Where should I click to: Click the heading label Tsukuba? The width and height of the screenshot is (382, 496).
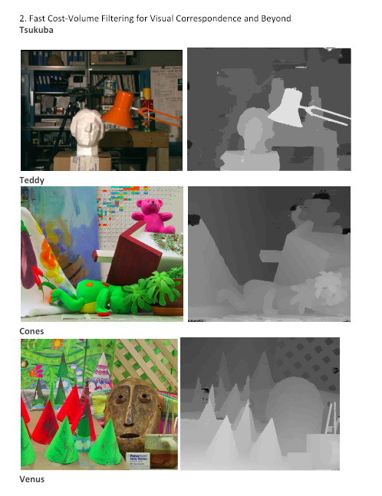click(x=36, y=30)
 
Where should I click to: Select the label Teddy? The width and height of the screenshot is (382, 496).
click(x=31, y=180)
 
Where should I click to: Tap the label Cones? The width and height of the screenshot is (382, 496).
click(x=31, y=331)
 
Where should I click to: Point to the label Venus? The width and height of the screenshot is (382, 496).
click(x=31, y=479)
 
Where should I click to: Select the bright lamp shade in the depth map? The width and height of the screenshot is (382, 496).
click(x=287, y=107)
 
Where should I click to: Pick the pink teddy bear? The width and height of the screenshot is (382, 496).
click(x=153, y=215)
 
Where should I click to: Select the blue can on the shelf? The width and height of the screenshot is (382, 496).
click(x=110, y=87)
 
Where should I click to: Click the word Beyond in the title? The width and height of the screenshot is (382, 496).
click(x=276, y=18)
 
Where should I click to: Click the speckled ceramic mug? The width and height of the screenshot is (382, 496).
click(x=161, y=451)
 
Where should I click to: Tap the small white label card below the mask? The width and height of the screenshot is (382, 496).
click(x=138, y=461)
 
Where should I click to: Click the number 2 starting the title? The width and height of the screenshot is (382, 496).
click(x=22, y=18)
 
